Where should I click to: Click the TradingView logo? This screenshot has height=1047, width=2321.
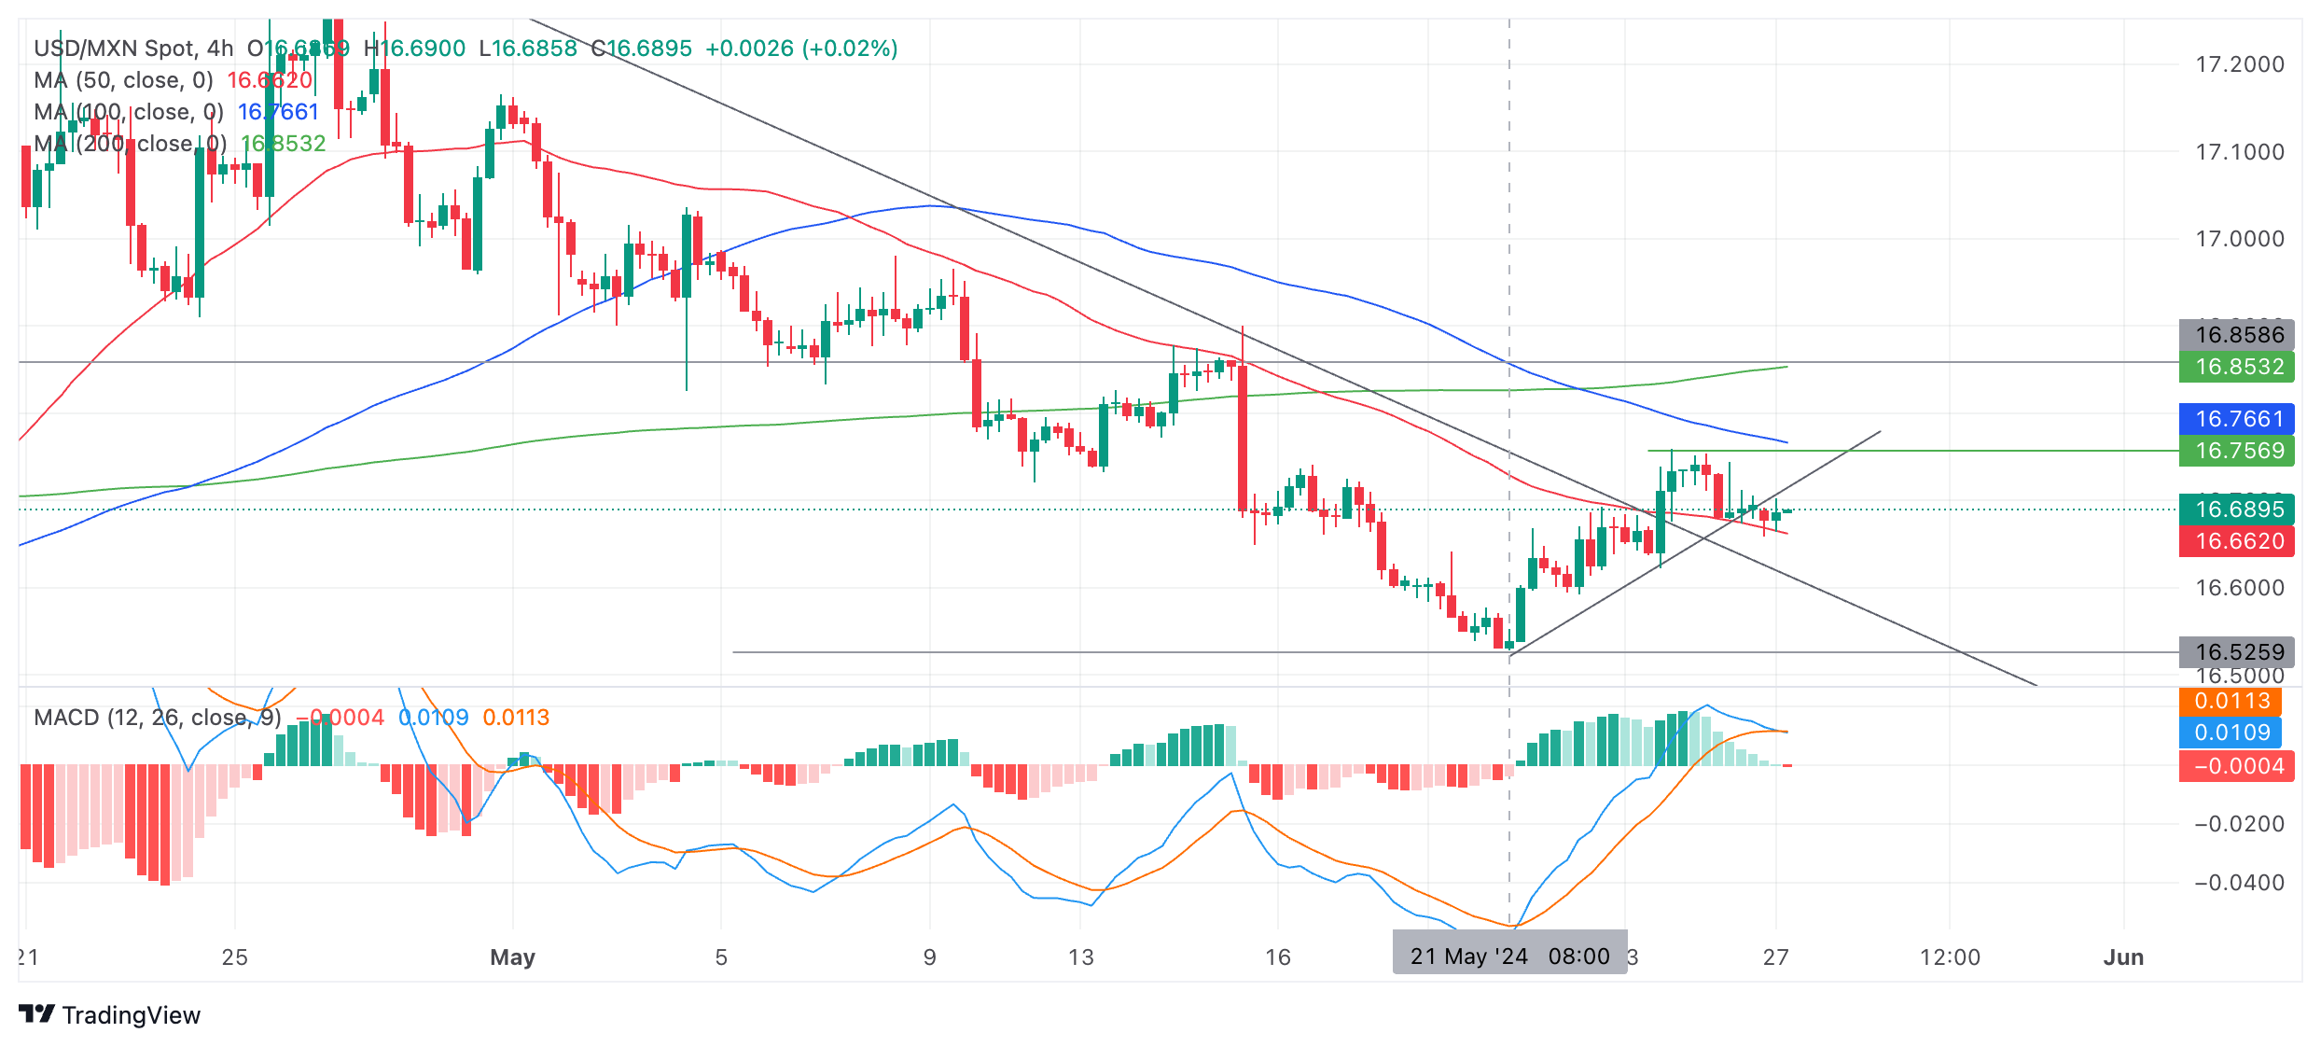point(109,1015)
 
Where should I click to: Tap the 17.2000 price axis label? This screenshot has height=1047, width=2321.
point(2239,64)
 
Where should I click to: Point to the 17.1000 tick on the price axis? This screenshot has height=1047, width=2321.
point(2239,152)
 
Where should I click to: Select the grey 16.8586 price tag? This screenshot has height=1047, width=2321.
point(2237,335)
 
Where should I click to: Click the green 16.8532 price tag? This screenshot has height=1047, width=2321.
point(2237,367)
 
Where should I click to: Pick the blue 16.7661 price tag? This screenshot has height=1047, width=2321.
point(2237,419)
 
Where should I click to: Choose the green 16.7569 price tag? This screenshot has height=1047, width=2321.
point(2237,451)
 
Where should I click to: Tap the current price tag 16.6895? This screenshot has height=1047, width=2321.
point(2237,510)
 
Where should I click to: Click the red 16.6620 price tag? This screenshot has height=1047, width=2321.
point(2237,541)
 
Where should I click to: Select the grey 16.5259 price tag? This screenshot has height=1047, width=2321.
point(2237,651)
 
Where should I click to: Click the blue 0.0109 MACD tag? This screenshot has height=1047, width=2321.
point(2231,733)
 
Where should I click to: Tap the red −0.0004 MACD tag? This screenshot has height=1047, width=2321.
point(2237,766)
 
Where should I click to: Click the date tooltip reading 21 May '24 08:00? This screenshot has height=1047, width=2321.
point(1509,956)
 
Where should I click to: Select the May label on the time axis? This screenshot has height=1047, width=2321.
point(512,957)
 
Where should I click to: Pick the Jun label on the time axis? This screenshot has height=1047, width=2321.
point(2123,957)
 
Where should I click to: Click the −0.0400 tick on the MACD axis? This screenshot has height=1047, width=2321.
point(2239,883)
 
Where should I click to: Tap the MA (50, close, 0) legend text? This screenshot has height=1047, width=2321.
point(123,80)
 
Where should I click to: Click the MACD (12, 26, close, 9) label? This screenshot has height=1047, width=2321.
point(157,718)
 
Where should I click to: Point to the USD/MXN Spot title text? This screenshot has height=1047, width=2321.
point(116,49)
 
